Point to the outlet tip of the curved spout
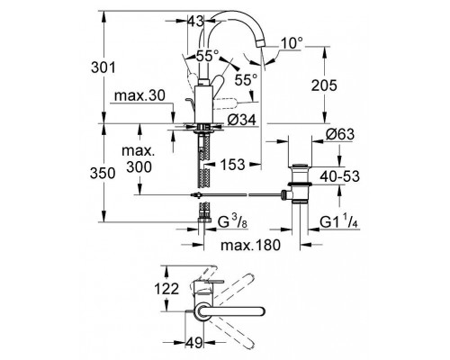(x=264, y=56)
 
